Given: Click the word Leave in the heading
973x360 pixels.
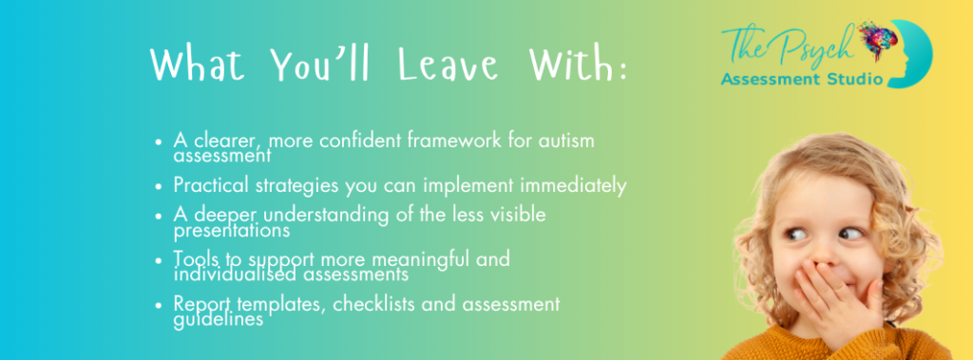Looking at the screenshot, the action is point(448,64).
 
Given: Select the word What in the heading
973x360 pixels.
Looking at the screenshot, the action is point(198,64).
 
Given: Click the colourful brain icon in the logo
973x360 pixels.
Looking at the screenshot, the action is point(878,40).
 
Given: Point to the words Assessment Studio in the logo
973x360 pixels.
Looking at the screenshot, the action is point(801,79).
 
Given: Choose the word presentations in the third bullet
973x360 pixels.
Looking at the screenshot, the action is point(232,231).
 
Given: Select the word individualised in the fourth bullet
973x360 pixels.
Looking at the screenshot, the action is point(231,274).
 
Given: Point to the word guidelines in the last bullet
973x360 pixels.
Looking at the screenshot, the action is point(219,320).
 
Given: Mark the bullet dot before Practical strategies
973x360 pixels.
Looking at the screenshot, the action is point(160,186).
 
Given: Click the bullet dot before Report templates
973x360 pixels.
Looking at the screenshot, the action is point(160,305).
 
